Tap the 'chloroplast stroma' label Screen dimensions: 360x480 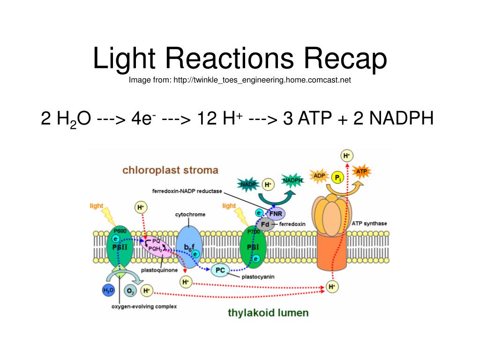point(170,170)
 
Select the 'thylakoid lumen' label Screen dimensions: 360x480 point(268,312)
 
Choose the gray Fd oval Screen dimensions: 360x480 point(265,224)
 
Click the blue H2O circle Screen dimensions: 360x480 point(108,291)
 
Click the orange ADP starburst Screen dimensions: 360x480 point(320,176)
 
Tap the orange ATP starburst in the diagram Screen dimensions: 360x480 point(361,172)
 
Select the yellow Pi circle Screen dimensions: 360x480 point(337,178)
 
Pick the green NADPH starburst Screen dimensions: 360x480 point(292,180)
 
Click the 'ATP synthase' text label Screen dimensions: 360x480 point(369,224)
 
